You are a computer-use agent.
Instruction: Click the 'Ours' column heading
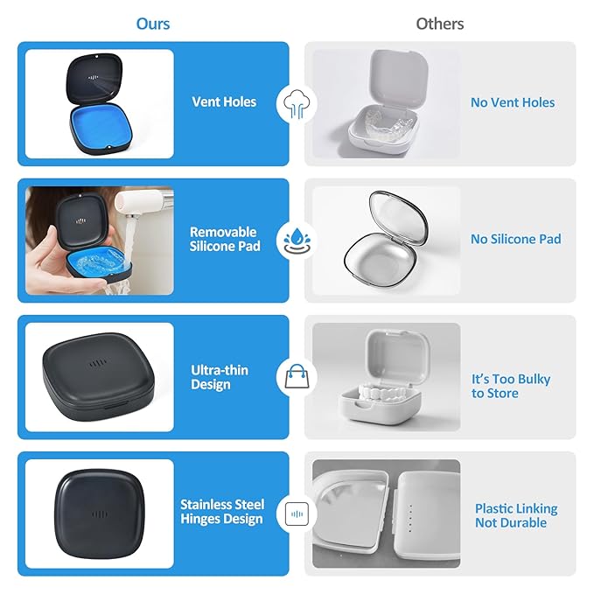click(152, 24)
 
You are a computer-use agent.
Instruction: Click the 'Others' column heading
click(439, 24)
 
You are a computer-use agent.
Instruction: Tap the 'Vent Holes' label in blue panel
click(224, 102)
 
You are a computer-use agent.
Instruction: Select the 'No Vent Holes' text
click(513, 102)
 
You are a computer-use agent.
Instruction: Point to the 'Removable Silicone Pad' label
click(223, 239)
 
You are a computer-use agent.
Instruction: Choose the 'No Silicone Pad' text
click(515, 239)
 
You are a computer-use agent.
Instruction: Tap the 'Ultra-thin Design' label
click(220, 377)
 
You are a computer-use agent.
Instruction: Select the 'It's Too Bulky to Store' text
click(511, 386)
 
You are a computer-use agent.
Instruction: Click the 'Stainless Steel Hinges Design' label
click(221, 512)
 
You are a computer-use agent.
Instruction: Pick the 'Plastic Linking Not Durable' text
click(515, 515)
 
